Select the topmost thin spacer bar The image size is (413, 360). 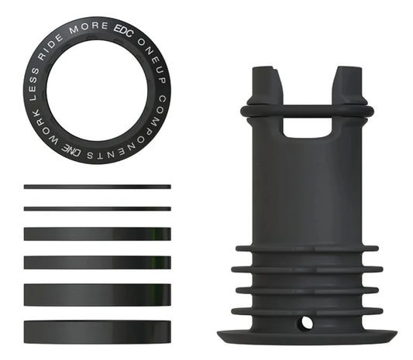[97, 187]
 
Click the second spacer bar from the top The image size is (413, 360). [97, 208]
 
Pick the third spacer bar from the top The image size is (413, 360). [97, 233]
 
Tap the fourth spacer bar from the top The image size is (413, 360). [97, 262]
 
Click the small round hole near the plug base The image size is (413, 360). [307, 320]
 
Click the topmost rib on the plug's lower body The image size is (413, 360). [307, 249]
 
